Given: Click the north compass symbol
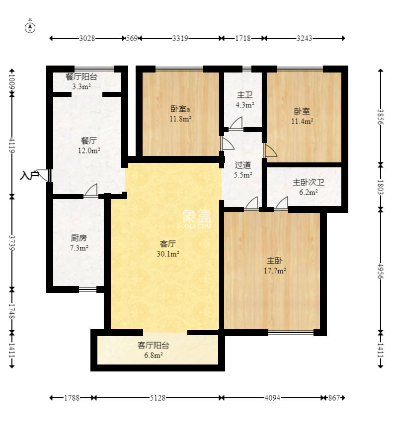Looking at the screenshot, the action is [x=30, y=28].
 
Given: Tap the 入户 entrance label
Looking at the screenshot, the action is [x=29, y=176].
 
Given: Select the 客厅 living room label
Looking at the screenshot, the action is [x=167, y=244].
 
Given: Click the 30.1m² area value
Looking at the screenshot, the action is [x=167, y=254].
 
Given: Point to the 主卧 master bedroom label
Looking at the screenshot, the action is [x=275, y=261].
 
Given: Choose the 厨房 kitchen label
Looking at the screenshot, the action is [x=79, y=238].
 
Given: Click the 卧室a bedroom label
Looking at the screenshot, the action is [x=180, y=108].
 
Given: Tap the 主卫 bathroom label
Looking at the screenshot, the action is [x=245, y=95].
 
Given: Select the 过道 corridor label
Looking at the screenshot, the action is [x=243, y=165].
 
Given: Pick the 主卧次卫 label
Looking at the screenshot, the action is [x=309, y=182].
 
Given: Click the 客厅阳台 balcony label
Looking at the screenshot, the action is [x=154, y=345].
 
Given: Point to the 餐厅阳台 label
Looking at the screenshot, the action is [x=81, y=76].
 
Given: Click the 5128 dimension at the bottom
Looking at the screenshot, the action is [x=158, y=398].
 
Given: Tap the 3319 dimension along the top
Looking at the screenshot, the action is [x=180, y=38].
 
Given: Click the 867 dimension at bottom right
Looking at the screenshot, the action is [x=334, y=398].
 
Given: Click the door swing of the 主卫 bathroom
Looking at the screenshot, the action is [x=236, y=123].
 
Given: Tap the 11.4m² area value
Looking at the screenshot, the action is [x=302, y=121].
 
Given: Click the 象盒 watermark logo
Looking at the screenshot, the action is [x=197, y=218].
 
